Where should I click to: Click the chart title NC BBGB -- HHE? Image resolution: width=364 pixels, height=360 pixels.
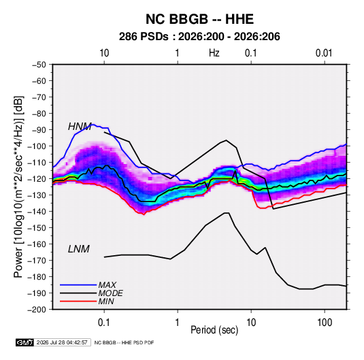click(x=199, y=19)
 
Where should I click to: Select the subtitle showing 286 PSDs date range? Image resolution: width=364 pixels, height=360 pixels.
click(x=199, y=37)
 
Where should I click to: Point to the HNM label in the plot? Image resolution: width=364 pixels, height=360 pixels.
click(x=80, y=127)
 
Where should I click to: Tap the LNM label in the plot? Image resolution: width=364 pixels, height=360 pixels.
click(x=79, y=249)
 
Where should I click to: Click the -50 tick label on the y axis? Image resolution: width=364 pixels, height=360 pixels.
click(x=39, y=65)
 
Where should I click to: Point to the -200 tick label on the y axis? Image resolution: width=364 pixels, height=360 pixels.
click(x=37, y=310)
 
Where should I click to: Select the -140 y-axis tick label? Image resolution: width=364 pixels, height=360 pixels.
click(x=37, y=212)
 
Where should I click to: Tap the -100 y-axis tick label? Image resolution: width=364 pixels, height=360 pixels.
click(x=37, y=146)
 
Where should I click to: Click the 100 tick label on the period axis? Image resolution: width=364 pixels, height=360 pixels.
click(x=324, y=323)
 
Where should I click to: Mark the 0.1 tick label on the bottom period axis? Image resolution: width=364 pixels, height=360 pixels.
click(x=104, y=323)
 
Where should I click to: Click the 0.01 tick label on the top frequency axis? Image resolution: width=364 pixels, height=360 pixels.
click(x=324, y=53)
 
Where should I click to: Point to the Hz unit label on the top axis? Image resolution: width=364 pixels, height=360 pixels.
click(x=214, y=53)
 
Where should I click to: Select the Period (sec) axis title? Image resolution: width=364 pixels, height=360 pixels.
click(x=214, y=330)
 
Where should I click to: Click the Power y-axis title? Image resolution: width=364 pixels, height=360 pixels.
click(x=18, y=187)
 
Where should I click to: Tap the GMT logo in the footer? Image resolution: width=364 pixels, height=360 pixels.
click(x=25, y=342)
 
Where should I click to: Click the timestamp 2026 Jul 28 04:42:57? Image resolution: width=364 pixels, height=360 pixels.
click(x=62, y=342)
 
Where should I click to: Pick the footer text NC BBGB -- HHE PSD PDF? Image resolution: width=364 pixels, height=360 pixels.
click(x=125, y=342)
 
